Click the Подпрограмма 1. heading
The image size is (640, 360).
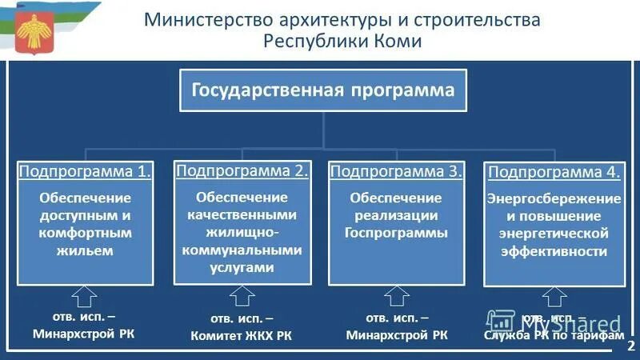point(84,171)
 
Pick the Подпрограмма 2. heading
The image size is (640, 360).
point(242,170)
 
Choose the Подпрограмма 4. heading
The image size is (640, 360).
point(554,171)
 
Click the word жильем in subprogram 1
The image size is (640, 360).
point(84,250)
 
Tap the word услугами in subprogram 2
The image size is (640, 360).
point(242,268)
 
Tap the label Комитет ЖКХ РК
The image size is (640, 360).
point(241,336)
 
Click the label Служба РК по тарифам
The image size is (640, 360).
point(554,336)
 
